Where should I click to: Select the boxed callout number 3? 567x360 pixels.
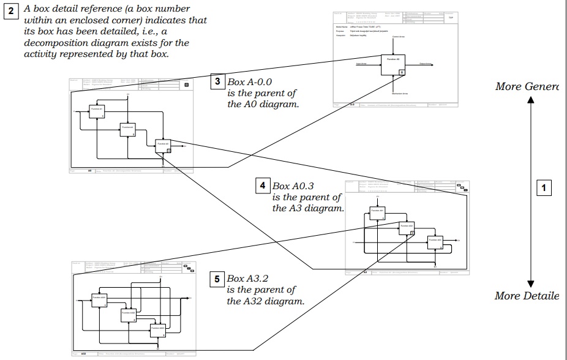coord(217,81)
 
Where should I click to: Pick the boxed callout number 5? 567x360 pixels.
coord(217,279)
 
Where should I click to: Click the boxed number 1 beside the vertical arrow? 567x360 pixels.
coord(544,188)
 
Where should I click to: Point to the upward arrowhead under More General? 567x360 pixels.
coord(531,100)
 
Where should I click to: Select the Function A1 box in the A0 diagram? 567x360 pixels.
coord(96,110)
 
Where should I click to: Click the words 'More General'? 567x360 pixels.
coord(527,86)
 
